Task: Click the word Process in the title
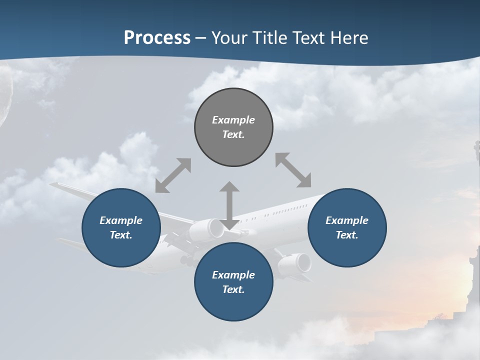(157, 38)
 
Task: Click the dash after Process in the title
(201, 38)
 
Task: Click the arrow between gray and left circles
(173, 175)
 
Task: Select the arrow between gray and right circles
(293, 170)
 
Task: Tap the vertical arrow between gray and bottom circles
(229, 206)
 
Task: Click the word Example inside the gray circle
(233, 120)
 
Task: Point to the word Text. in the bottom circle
(233, 289)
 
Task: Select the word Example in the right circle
(347, 220)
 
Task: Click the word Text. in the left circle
(121, 235)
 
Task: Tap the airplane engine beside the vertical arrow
(207, 229)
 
